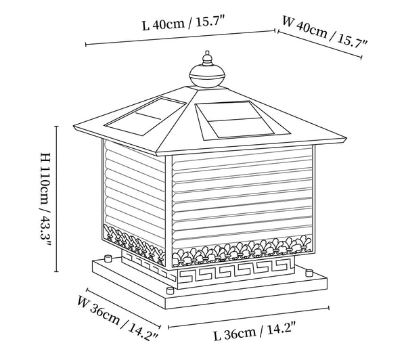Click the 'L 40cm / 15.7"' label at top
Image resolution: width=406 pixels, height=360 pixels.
pyautogui.click(x=183, y=23)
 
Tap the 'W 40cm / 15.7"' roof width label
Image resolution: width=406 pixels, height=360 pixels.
pyautogui.click(x=324, y=32)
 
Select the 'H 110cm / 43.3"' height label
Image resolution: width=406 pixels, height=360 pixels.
pyautogui.click(x=46, y=199)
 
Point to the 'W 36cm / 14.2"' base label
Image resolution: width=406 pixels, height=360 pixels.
pyautogui.click(x=118, y=319)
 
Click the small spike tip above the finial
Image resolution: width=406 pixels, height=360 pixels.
pyautogui.click(x=207, y=53)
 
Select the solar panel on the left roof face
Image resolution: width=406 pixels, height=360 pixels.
pyautogui.click(x=145, y=116)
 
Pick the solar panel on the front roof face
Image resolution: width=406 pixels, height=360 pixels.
pyautogui.click(x=243, y=120)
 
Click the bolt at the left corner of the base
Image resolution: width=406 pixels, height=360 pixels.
pyautogui.click(x=107, y=258)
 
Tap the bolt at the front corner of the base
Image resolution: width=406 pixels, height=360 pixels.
pyautogui.click(x=170, y=290)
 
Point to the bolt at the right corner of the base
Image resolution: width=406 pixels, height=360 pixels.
pyautogui.click(x=309, y=273)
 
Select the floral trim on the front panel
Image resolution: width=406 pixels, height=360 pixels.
pyautogui.click(x=242, y=250)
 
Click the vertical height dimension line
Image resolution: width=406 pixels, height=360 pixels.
pyautogui.click(x=56, y=199)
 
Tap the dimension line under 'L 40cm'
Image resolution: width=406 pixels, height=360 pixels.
pyautogui.click(x=180, y=37)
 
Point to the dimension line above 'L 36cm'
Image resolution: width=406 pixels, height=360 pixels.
pyautogui.click(x=248, y=317)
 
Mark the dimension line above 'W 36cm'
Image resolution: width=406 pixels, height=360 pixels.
pyautogui.click(x=124, y=307)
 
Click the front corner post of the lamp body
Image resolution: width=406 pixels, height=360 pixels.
pyautogui.click(x=168, y=211)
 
